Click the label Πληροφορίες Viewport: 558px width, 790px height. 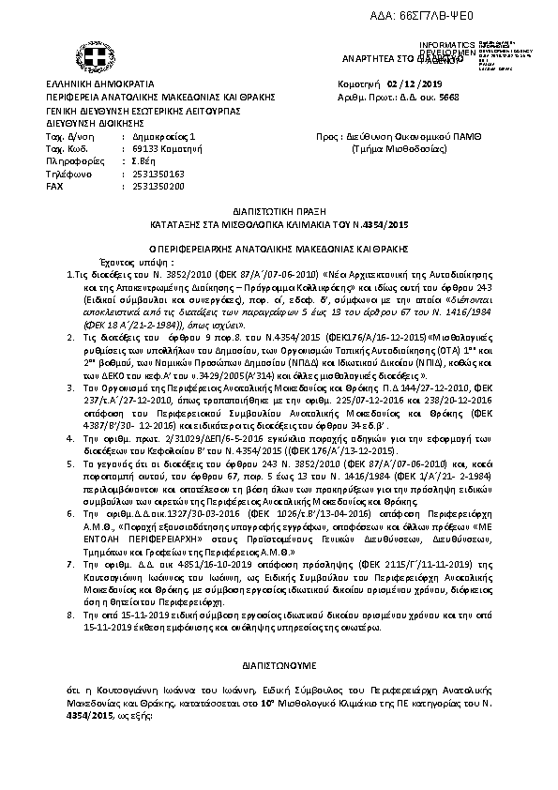pyautogui.click(x=70, y=161)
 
